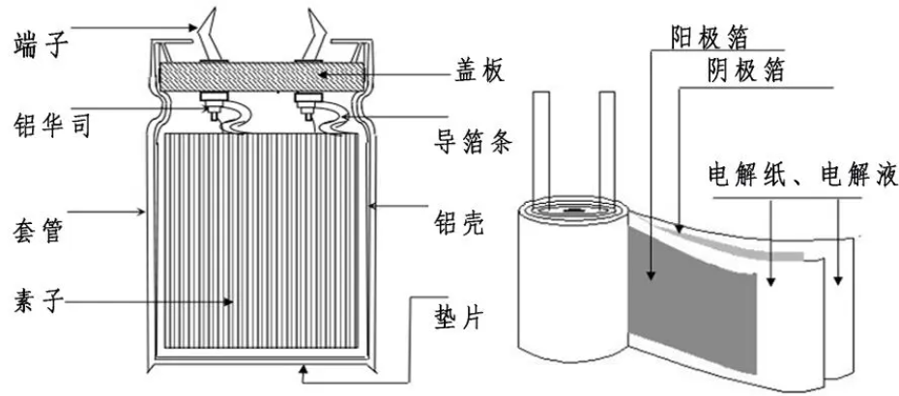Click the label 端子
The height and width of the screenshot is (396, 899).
click(41, 46)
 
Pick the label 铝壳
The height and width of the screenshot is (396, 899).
click(458, 223)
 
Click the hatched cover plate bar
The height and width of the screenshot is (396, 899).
click(262, 75)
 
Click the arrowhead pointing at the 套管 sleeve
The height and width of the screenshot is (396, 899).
click(139, 212)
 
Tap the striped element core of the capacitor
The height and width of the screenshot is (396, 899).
click(261, 240)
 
